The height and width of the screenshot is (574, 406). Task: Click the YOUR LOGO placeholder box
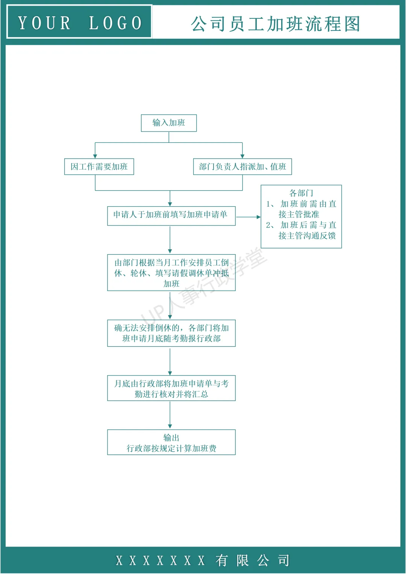coord(79,22)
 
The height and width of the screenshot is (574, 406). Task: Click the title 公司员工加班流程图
coord(276,24)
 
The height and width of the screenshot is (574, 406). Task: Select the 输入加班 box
coord(169,123)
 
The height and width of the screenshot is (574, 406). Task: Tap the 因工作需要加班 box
coord(99,167)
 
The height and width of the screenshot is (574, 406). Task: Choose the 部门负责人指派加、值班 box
coord(242,167)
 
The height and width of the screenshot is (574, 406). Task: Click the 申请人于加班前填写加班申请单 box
coord(171,215)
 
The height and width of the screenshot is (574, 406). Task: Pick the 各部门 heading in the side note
coord(301,193)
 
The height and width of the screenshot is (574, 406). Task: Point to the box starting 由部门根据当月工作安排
coord(171,273)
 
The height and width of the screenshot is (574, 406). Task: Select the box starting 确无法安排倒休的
coord(171,333)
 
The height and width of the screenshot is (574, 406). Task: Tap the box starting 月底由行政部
coord(171,388)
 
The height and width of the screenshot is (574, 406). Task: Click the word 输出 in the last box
coord(171,438)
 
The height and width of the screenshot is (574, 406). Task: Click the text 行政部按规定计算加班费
coord(171,448)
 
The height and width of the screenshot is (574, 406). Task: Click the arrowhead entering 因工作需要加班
coord(95,156)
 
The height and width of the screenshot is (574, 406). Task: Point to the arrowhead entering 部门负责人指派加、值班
coord(242,156)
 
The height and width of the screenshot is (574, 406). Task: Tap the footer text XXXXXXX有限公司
coord(203,560)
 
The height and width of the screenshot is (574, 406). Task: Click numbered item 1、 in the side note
coord(270,204)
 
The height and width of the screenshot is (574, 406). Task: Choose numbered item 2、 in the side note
coord(270,225)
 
